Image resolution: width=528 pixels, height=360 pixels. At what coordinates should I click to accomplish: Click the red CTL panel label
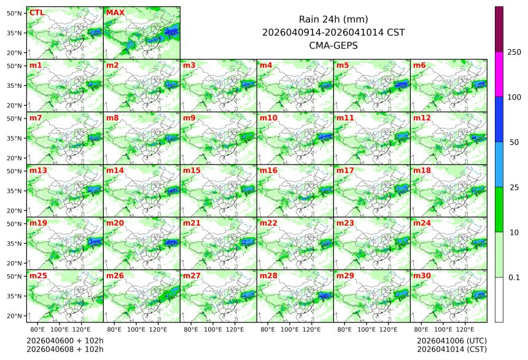[x=37, y=12]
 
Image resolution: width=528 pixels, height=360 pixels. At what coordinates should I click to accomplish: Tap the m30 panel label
[x=422, y=276]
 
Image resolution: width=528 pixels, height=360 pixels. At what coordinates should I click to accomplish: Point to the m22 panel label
[x=268, y=223]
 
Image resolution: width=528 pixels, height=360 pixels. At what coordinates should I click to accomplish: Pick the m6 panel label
[x=420, y=65]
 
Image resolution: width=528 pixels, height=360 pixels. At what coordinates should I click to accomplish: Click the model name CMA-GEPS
[x=333, y=45]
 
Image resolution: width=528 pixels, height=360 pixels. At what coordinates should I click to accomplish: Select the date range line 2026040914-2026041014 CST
[x=333, y=33]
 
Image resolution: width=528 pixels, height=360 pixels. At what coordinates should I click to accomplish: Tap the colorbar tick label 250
[x=514, y=52]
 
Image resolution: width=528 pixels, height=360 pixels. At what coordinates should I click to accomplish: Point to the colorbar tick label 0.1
[x=514, y=278]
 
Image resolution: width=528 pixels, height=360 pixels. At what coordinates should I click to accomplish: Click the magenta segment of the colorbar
[x=499, y=74]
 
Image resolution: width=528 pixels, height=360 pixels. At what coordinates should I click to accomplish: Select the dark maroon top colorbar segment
[x=499, y=29]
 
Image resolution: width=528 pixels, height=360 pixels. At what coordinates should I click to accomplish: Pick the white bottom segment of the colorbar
[x=499, y=299]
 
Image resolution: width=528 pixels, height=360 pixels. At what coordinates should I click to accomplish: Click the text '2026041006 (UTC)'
[x=451, y=340]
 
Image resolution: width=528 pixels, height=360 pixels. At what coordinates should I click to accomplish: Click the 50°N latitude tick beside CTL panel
[x=14, y=13]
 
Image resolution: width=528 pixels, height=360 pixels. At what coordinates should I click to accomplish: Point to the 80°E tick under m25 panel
[x=45, y=330]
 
